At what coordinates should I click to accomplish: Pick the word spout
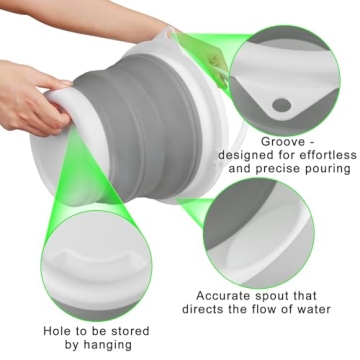tap(284, 296)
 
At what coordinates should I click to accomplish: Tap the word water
tap(322, 310)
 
